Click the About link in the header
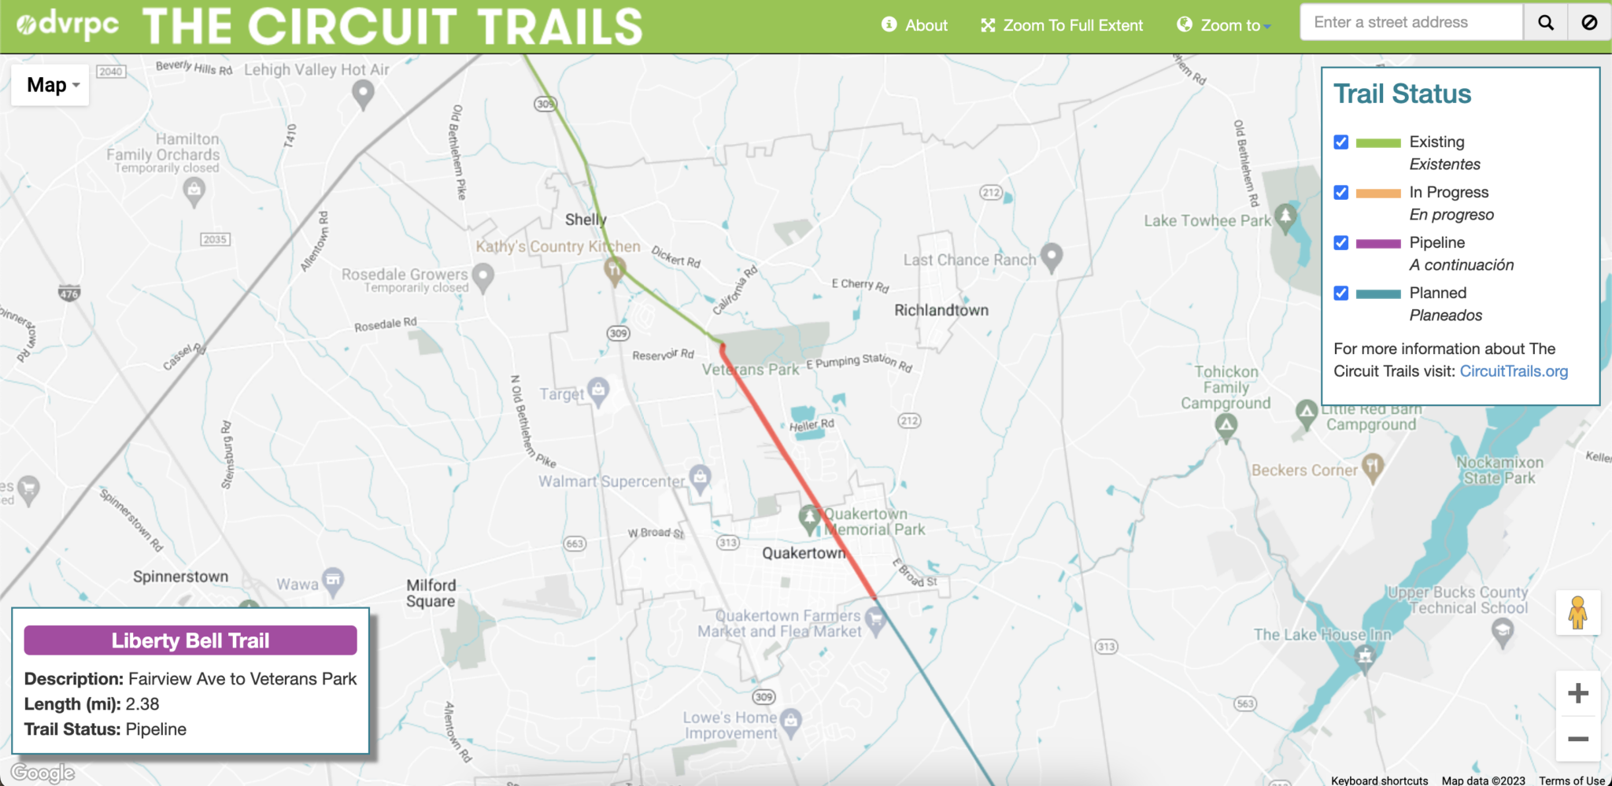pos(915,25)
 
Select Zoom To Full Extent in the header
pos(1062,25)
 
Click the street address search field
pos(1410,22)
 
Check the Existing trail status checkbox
pos(1341,142)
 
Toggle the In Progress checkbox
pos(1341,193)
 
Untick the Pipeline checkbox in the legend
pos(1341,243)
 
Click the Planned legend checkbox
pos(1341,293)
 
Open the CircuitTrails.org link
pos(1513,371)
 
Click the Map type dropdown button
pos(50,85)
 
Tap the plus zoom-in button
pos(1577,693)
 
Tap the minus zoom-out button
pos(1577,739)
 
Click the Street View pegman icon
pos(1577,612)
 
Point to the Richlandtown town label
pos(941,310)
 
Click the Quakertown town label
pos(803,553)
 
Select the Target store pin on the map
pos(599,390)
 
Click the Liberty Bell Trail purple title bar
pos(190,640)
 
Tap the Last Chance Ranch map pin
pos(1052,256)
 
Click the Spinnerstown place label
pos(180,577)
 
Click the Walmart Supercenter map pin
pos(700,477)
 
